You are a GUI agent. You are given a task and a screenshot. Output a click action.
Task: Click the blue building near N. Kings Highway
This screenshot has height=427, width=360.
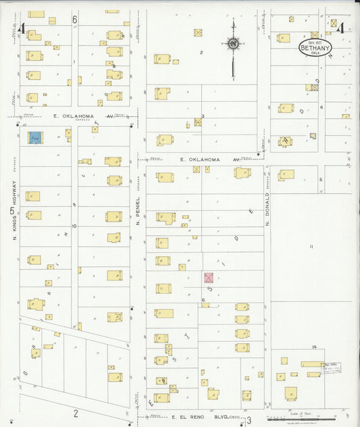pyautogui.click(x=34, y=137)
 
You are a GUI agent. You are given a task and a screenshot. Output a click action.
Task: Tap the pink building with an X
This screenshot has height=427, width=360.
pyautogui.click(x=209, y=278)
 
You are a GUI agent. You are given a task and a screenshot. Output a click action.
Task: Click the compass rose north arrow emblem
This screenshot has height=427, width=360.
pyautogui.click(x=232, y=44)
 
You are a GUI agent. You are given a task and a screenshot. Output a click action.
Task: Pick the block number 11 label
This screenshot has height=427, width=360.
pyautogui.click(x=311, y=247)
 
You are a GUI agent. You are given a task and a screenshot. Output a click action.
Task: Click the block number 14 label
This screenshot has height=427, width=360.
pyautogui.click(x=314, y=347)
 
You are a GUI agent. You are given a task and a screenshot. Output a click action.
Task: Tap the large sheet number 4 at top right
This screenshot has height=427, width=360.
pyautogui.click(x=341, y=28)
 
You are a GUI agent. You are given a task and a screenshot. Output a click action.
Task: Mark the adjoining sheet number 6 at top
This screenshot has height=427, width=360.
pyautogui.click(x=74, y=20)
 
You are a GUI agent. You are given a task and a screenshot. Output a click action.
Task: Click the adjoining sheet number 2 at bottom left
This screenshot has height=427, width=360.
pyautogui.click(x=76, y=413)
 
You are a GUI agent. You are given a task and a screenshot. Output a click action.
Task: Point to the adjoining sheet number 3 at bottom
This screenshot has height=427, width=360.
pyautogui.click(x=249, y=420)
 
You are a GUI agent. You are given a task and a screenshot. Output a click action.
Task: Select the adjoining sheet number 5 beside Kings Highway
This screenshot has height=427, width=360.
pyautogui.click(x=12, y=211)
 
